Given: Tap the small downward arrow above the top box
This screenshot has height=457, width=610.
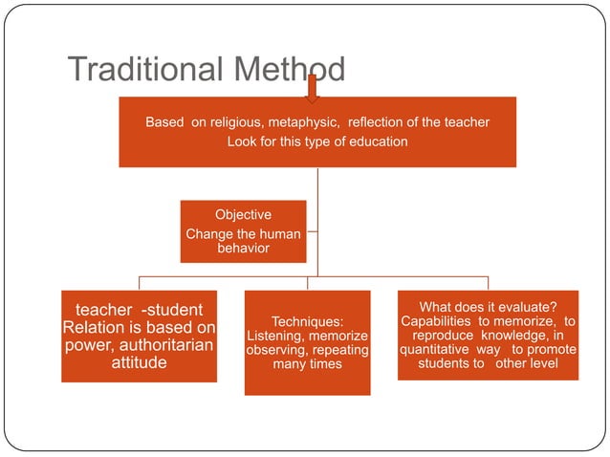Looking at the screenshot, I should pos(312,88).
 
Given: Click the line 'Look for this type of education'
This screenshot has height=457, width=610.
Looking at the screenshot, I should pos(317,141).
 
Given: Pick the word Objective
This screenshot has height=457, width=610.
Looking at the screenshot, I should pos(243,215).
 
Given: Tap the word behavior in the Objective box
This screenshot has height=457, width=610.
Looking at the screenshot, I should pos(243,248).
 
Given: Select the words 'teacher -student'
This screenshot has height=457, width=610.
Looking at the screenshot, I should pos(140,310).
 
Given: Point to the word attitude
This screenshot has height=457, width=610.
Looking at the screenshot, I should pos(140,363).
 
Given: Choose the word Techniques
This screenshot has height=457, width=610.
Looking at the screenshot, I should pos(307,321).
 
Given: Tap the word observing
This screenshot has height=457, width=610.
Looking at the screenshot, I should pos(275,350).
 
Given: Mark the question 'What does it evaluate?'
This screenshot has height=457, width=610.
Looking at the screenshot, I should pos(488,307).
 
